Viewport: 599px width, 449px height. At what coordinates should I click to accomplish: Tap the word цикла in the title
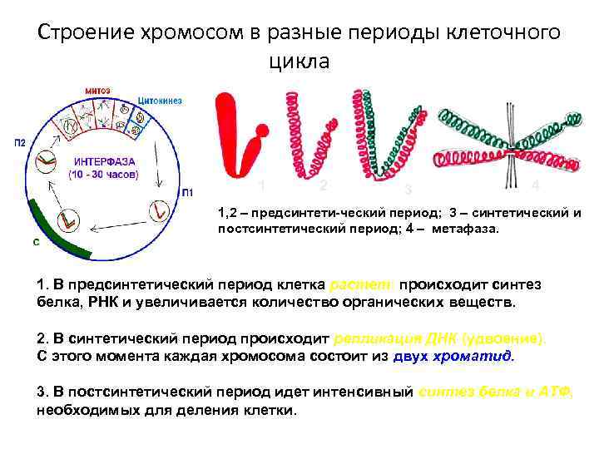pos(299,61)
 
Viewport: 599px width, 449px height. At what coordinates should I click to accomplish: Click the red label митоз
pos(99,90)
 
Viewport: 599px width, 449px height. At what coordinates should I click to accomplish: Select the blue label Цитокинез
pos(160,101)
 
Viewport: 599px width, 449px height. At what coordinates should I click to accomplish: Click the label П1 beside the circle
pos(189,193)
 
